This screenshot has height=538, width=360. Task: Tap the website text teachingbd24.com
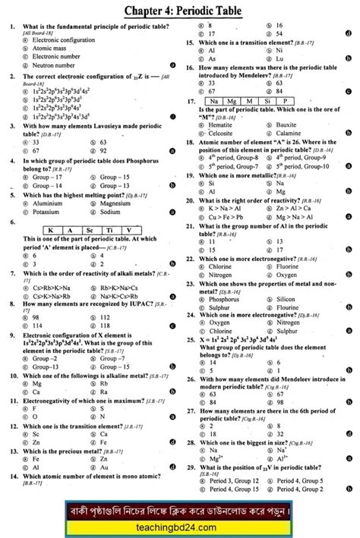180,523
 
